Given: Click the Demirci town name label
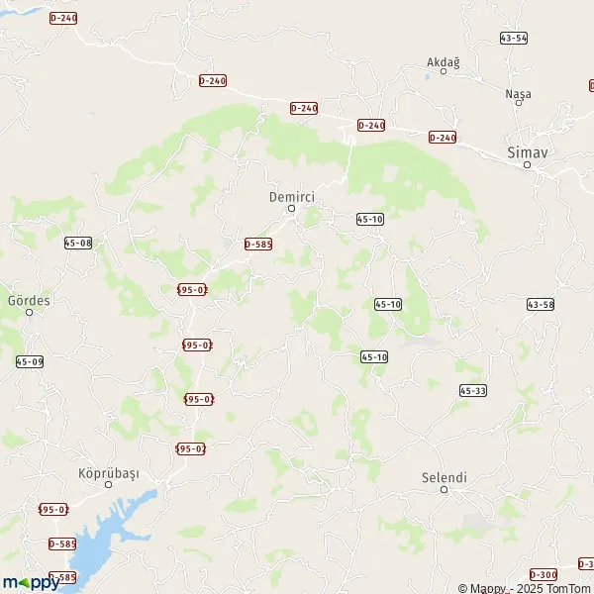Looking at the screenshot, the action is coord(291,196).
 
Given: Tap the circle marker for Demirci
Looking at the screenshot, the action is coord(291,209).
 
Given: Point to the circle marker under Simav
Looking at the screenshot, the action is coord(528,165).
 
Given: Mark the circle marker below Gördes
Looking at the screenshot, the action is coord(29,312).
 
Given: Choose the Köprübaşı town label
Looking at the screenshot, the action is coord(109,473).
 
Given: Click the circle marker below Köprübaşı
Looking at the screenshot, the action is coord(109,486).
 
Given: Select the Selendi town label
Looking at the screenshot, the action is coord(444,477).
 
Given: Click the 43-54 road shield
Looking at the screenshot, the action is coord(514,38).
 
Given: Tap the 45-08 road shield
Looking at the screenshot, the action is coord(77,243).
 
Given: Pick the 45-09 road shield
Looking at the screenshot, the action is coord(30,362).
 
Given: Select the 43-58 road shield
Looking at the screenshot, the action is coord(541,304).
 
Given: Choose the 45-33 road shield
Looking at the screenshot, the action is coord(473,392).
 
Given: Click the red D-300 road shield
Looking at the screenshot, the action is coord(544,574).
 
